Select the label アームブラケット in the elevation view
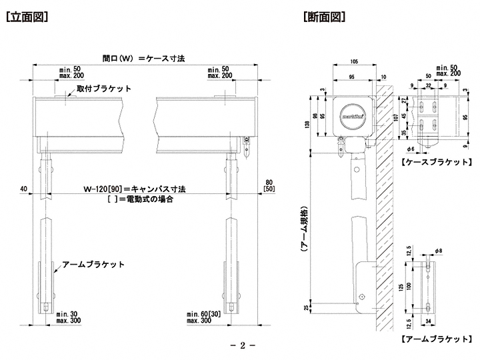[x=93, y=265]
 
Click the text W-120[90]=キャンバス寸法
[x=136, y=189]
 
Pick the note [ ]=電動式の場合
[x=139, y=199]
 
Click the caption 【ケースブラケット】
[x=436, y=162]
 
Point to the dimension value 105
[x=354, y=61]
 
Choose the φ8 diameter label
[x=437, y=251]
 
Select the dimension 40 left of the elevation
[x=23, y=189]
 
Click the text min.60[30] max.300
[x=204, y=317]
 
